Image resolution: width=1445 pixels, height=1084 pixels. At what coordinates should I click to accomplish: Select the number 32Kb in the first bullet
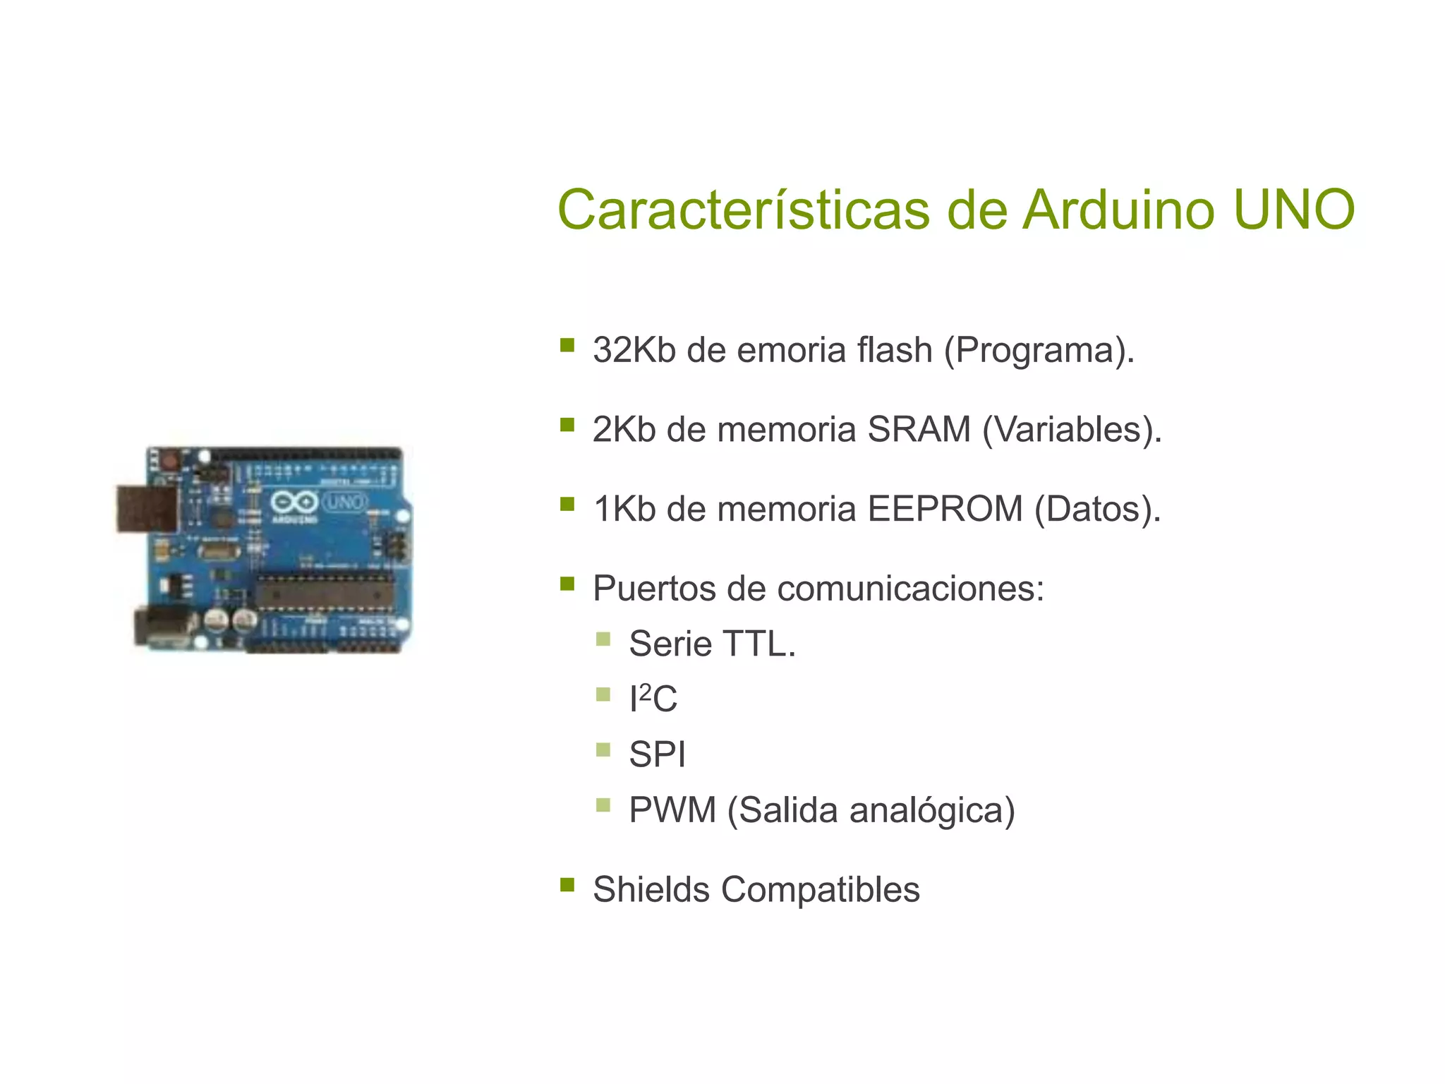click(634, 350)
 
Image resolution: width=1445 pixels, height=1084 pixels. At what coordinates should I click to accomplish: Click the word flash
click(894, 350)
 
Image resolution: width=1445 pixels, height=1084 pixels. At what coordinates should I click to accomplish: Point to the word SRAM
click(919, 429)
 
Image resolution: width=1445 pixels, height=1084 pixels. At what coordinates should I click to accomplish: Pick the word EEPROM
click(945, 509)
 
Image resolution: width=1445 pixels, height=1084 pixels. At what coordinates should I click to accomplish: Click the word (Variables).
click(1072, 429)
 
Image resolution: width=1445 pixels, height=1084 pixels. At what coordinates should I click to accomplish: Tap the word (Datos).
click(1097, 509)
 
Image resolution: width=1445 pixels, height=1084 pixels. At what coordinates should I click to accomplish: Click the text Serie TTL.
click(712, 644)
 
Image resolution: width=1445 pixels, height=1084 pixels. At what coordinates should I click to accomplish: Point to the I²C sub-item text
click(653, 699)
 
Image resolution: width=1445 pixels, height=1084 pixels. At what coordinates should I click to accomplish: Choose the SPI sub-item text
click(657, 754)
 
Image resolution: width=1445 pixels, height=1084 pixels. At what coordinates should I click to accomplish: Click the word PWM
click(672, 809)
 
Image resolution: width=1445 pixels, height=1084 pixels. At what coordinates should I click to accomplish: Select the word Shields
click(651, 889)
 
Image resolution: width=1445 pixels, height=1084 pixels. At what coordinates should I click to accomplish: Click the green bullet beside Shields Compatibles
click(567, 885)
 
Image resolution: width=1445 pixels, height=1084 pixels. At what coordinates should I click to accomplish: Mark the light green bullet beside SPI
click(603, 749)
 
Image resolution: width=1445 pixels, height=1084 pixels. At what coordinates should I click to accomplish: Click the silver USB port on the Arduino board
click(147, 508)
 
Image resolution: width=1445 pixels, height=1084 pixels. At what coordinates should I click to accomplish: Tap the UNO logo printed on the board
click(344, 502)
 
